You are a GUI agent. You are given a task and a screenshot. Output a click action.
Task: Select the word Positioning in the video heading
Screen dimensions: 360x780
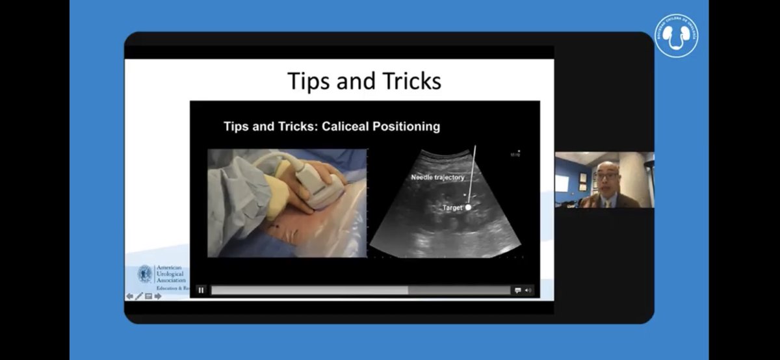405,126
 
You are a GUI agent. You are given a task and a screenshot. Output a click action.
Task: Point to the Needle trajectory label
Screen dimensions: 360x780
437,177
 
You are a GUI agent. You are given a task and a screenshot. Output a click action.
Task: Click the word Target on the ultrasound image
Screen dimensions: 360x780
452,207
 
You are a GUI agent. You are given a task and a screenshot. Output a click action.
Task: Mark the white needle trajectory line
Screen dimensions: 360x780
472,172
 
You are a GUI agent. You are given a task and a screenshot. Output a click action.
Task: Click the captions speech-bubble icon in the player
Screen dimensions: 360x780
518,290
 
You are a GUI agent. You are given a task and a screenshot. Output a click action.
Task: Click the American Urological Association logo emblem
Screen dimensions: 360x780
144,274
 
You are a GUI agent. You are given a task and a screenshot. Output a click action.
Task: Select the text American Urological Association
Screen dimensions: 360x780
170,274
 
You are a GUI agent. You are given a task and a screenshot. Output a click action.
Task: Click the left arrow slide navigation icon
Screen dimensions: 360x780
129,296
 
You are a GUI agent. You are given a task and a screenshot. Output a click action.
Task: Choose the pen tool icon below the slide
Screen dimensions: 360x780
139,296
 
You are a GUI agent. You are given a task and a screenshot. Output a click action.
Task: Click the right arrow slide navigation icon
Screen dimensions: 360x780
158,296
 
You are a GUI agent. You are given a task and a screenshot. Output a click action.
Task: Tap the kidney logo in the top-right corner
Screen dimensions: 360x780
676,36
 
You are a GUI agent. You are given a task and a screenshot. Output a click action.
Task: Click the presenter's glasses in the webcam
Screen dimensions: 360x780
607,176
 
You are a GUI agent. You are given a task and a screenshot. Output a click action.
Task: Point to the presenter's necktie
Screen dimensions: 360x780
606,203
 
